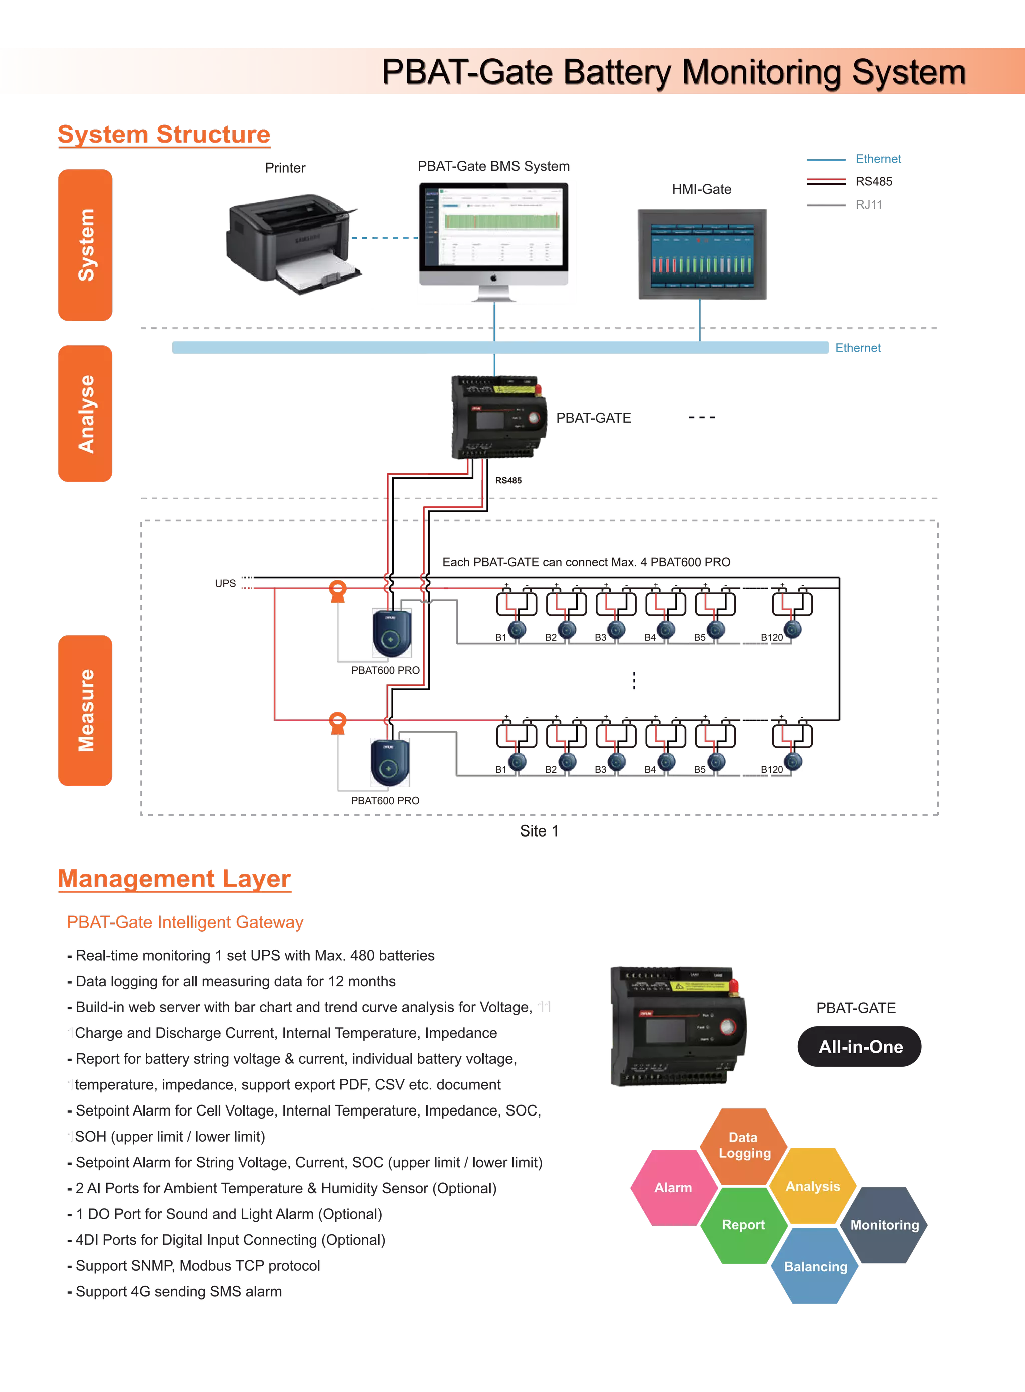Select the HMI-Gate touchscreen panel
point(702,253)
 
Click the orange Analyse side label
point(85,414)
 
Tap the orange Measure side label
point(85,710)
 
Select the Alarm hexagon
point(673,1187)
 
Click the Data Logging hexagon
point(744,1145)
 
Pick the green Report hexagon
point(743,1224)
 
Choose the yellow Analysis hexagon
point(813,1186)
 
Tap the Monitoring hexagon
point(884,1224)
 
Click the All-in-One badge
point(860,1047)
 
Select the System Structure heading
point(164,135)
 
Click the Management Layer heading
point(174,879)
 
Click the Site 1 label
point(539,830)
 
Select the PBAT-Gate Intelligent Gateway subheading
point(185,922)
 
